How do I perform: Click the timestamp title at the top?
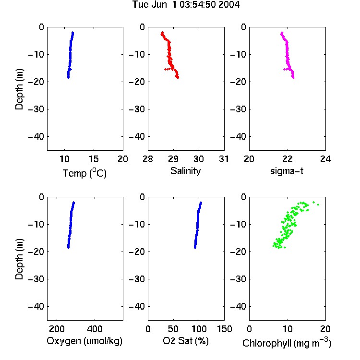186,5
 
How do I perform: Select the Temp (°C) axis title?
84,173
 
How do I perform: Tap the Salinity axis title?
185,171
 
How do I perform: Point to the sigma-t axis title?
287,171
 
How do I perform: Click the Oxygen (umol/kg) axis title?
84,341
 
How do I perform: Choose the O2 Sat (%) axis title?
186,341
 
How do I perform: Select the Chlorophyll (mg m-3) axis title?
287,343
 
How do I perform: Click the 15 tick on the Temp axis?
94,159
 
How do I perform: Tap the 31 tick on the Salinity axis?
224,159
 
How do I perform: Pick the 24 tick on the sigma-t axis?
325,159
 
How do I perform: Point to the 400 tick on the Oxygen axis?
95,329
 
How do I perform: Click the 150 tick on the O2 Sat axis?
224,329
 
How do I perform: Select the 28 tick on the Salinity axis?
148,159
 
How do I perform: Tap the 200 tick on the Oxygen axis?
57,329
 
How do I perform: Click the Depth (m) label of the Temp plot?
19,89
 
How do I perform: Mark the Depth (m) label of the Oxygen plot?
19,259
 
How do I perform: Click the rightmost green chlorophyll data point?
318,204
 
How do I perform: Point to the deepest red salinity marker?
178,78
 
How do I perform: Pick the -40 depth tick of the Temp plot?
36,137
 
